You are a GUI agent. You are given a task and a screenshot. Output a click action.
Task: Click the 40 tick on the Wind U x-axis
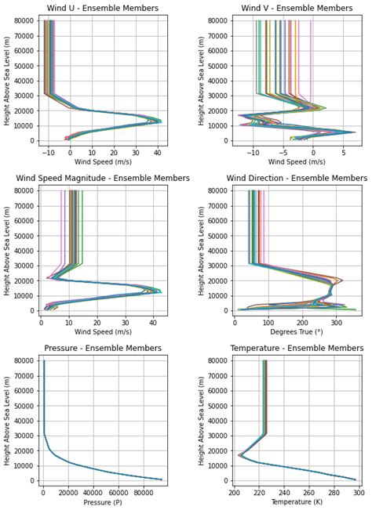pyautogui.click(x=158, y=152)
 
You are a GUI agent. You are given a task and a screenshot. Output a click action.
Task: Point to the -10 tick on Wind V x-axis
pyautogui.click(x=253, y=152)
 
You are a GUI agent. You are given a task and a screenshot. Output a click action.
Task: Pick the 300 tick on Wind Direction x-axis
pyautogui.click(x=336, y=322)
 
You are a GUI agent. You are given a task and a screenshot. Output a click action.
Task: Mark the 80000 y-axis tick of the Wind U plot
pyautogui.click(x=23, y=20)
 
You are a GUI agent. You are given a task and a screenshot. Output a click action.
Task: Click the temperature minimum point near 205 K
pyautogui.click(x=239, y=455)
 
